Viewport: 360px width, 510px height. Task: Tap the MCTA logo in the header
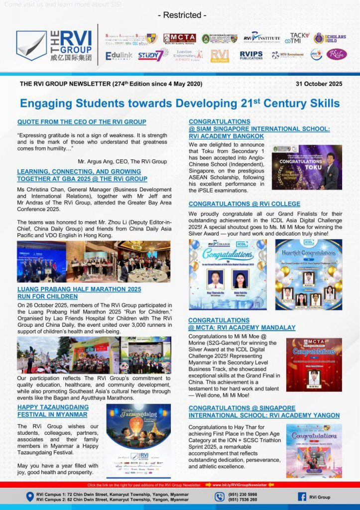click(179, 38)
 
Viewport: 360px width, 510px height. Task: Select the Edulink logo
click(119, 55)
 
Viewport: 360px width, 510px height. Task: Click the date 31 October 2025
click(319, 84)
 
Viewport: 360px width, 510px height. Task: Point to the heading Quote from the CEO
click(82, 122)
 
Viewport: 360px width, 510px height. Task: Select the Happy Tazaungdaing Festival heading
click(53, 410)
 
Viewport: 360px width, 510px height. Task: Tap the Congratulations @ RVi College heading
click(244, 204)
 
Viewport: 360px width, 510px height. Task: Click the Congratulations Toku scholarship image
click(307, 167)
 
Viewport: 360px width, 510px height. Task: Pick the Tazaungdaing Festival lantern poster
click(138, 439)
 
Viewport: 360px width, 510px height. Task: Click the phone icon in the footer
click(220, 497)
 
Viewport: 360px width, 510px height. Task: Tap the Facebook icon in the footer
click(302, 497)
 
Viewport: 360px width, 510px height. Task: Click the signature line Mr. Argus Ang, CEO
click(122, 161)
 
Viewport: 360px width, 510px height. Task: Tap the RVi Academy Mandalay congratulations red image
click(314, 365)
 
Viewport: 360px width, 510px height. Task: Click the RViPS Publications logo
click(251, 55)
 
